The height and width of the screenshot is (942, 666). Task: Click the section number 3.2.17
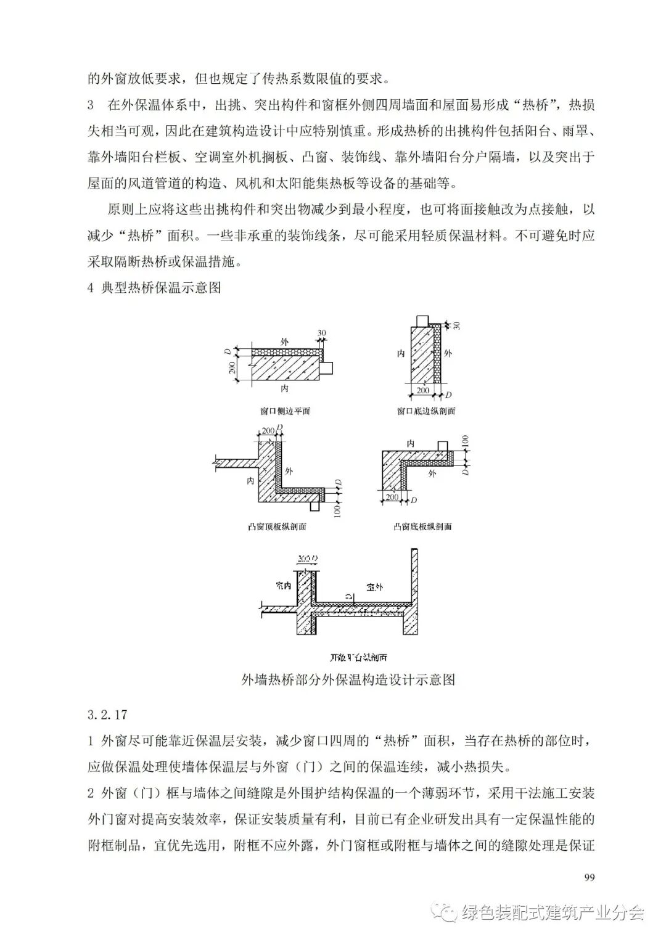click(x=107, y=715)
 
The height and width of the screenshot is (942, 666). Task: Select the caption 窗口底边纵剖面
click(x=425, y=411)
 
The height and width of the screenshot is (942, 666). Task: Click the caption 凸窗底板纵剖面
click(x=422, y=527)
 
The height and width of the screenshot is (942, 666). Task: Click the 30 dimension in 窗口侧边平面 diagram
click(x=321, y=334)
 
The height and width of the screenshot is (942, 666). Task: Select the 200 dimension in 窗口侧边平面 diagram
click(x=231, y=369)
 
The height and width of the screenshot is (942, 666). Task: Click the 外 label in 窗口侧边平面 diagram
click(x=284, y=341)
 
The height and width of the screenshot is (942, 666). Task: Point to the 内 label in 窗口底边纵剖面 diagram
click(x=401, y=354)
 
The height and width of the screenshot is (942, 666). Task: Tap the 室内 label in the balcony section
click(x=283, y=585)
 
